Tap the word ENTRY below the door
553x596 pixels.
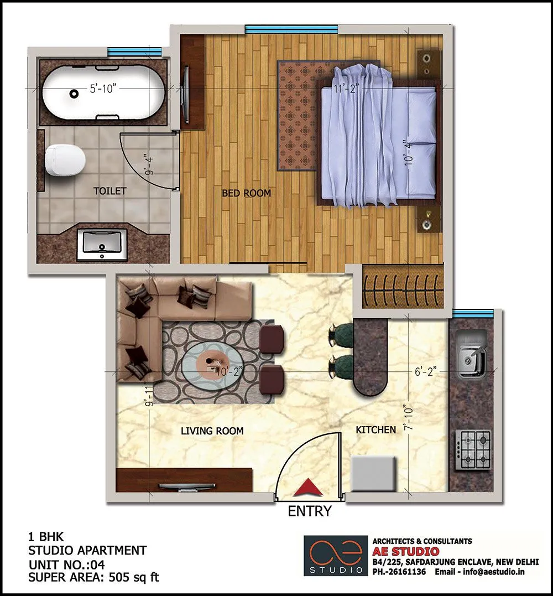310,511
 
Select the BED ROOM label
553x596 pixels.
246,193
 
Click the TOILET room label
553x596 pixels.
109,191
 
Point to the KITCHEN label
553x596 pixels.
375,429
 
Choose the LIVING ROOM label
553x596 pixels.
212,431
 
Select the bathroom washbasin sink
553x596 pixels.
102,245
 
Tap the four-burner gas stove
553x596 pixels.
474,449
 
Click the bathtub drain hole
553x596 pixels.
74,94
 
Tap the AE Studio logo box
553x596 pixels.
335,556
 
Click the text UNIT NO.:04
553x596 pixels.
66,564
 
